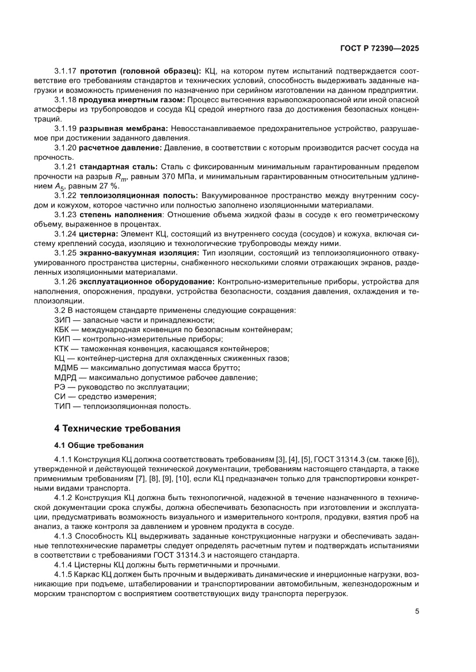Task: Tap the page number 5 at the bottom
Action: pos(417,611)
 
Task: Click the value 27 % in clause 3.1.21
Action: pos(108,185)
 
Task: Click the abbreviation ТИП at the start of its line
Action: pos(62,406)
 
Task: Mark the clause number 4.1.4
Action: pos(64,564)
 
